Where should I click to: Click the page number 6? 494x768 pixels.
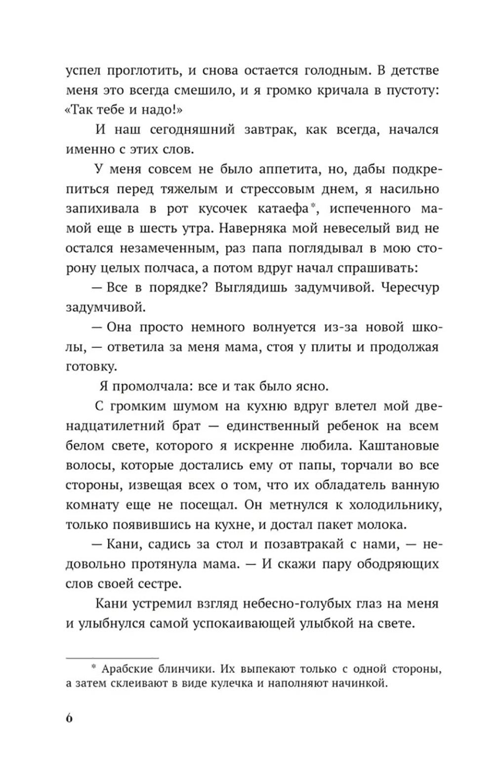[69, 717]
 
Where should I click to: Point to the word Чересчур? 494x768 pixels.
[410, 288]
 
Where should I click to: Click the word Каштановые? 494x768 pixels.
[399, 446]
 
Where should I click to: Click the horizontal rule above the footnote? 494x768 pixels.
[112, 658]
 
